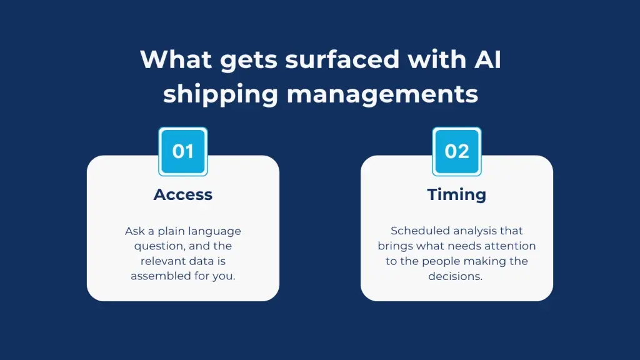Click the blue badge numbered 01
pos(183,151)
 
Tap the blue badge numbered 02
pos(457,151)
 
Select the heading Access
pos(183,194)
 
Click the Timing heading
pos(457,195)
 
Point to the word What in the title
pos(176,59)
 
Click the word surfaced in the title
pos(342,59)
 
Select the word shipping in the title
pos(221,95)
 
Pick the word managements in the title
pos(382,95)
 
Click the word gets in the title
pos(249,61)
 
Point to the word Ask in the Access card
pos(135,231)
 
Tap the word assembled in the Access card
pos(161,276)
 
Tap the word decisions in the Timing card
pos(455,276)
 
